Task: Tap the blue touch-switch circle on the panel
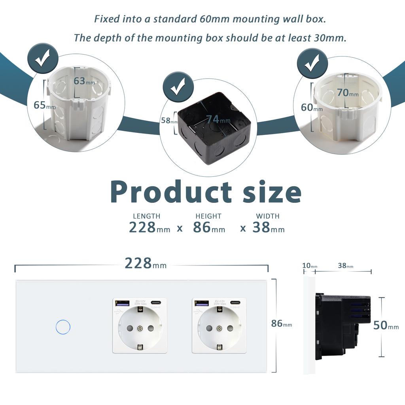[63, 327]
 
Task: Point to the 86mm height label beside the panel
[281, 324]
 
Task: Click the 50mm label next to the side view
[386, 326]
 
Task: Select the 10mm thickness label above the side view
[310, 266]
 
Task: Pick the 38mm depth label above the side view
[345, 266]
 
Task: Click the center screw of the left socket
[140, 328]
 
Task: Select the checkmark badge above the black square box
[178, 88]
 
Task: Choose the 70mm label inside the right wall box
[348, 93]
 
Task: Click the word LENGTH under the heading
[146, 216]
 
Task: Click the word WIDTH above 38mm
[267, 216]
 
